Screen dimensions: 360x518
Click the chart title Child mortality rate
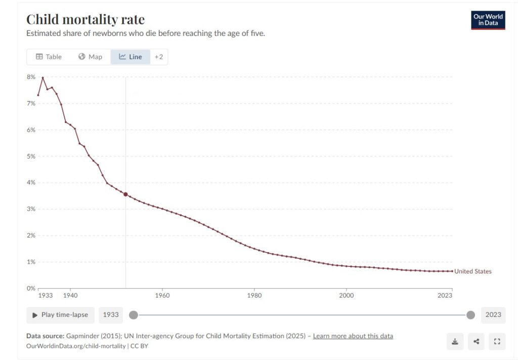pyautogui.click(x=85, y=20)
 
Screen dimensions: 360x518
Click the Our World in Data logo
pyautogui.click(x=488, y=20)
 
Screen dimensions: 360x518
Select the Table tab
pyautogui.click(x=49, y=57)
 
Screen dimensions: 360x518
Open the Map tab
pyautogui.click(x=90, y=57)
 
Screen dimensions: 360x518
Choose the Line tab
pyautogui.click(x=131, y=57)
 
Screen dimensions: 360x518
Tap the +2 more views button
pyautogui.click(x=159, y=57)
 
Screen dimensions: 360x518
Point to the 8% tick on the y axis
pyautogui.click(x=31, y=77)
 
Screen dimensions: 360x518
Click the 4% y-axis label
pyautogui.click(x=31, y=183)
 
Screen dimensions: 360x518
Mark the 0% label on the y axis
pyautogui.click(x=31, y=288)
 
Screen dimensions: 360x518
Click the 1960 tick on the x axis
pyautogui.click(x=162, y=295)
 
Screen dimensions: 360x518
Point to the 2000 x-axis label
pyautogui.click(x=346, y=295)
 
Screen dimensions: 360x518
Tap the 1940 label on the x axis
pyautogui.click(x=70, y=295)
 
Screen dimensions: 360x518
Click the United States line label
pyautogui.click(x=472, y=271)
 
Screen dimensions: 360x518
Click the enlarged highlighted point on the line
pyautogui.click(x=125, y=194)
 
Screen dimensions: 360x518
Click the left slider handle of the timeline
pyautogui.click(x=134, y=315)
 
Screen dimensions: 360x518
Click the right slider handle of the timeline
pyautogui.click(x=470, y=315)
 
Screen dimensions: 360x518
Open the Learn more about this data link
pyautogui.click(x=353, y=336)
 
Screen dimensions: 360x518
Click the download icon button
pyautogui.click(x=455, y=341)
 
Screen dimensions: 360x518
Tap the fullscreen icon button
pyautogui.click(x=497, y=341)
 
